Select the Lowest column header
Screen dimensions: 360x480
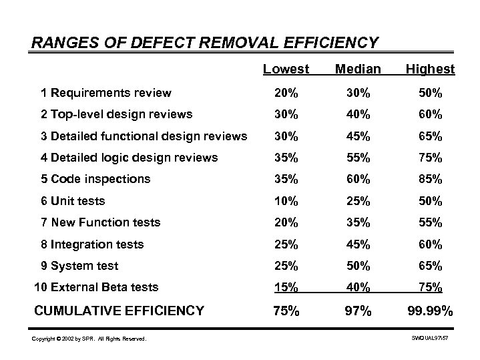tap(286, 69)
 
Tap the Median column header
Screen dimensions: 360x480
tap(358, 69)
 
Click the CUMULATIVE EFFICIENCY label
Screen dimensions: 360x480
tap(119, 310)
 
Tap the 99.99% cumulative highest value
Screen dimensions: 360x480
tap(430, 311)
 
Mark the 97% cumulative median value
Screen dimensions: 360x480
tap(358, 311)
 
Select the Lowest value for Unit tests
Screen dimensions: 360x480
tap(285, 200)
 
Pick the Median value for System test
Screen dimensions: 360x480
tap(358, 266)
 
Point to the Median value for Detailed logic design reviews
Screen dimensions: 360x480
tap(358, 158)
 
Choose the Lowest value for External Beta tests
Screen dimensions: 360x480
tap(285, 287)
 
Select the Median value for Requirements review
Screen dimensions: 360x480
tap(358, 93)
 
